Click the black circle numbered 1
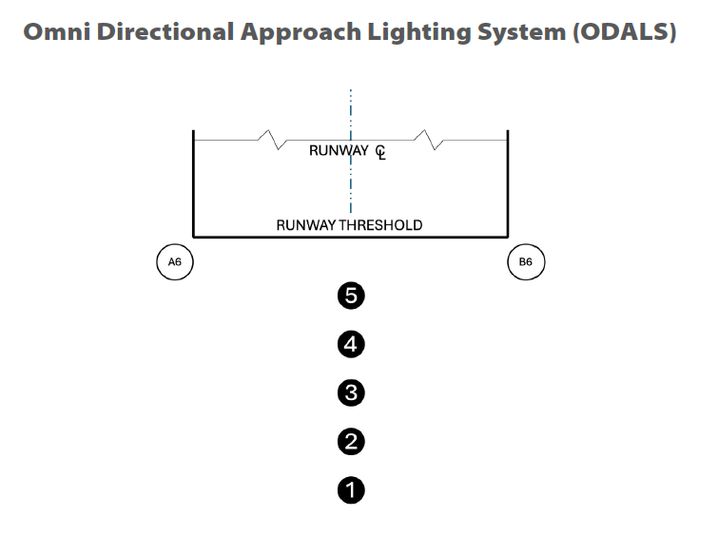click(x=351, y=490)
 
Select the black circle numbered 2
click(x=351, y=442)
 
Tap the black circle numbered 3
click(x=351, y=392)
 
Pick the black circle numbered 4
click(x=351, y=344)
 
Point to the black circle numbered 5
click(x=351, y=296)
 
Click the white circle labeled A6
click(x=175, y=261)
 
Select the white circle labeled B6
click(x=526, y=261)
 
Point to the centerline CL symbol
click(x=380, y=152)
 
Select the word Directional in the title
click(x=168, y=31)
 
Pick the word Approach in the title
click(x=300, y=31)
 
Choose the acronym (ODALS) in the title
click(x=624, y=31)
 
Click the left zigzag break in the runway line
click(x=275, y=141)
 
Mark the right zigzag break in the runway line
click(x=432, y=141)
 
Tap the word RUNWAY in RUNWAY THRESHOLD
click(x=306, y=225)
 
